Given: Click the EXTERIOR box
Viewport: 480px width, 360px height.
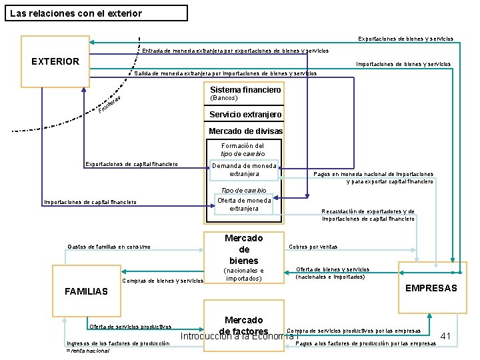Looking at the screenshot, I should click(x=55, y=61).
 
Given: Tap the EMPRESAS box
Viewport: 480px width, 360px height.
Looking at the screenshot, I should click(x=432, y=287).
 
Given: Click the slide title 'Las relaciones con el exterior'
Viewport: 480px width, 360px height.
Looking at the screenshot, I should click(x=76, y=13).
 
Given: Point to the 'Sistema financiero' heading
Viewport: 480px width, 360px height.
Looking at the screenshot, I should click(x=245, y=89).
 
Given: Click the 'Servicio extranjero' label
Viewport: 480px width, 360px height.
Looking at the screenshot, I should click(x=245, y=115).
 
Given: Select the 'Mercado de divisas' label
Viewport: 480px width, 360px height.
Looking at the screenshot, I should click(x=245, y=131).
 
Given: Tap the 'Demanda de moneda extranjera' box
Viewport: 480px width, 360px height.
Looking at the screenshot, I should click(x=243, y=170).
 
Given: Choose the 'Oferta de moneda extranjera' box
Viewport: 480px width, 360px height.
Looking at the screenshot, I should click(x=244, y=204).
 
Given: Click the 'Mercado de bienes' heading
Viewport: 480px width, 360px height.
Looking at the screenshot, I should click(x=243, y=249).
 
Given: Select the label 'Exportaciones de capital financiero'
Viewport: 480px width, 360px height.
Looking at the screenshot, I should click(x=131, y=164).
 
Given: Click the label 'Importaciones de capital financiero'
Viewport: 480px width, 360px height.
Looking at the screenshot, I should click(x=90, y=202).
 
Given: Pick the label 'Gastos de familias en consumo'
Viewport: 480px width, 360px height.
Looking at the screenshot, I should click(x=109, y=247).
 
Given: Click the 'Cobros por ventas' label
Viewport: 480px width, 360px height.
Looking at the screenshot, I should click(x=313, y=247).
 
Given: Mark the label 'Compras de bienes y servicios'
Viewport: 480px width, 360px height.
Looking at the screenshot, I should click(x=163, y=281).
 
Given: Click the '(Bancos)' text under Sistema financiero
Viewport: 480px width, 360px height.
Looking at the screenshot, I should click(x=224, y=99).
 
